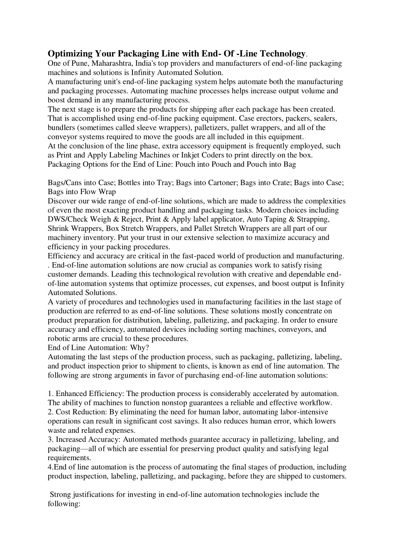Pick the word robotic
point(58,338)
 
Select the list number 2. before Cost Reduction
point(51,412)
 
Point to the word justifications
point(93,494)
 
